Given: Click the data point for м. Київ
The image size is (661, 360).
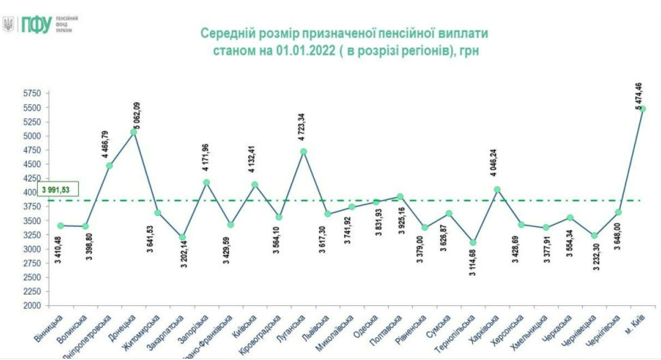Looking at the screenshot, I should coord(642,109).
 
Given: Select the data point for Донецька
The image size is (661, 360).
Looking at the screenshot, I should coord(134,132).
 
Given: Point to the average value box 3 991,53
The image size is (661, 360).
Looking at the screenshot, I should coord(58,189).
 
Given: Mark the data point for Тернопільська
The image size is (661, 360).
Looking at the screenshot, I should coord(473,242).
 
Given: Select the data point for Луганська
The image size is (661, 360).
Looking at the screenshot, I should coord(304,151).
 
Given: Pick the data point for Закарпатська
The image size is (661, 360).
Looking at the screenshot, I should coord(182,237).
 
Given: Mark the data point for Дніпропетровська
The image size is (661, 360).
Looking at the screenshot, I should coord(109,166).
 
